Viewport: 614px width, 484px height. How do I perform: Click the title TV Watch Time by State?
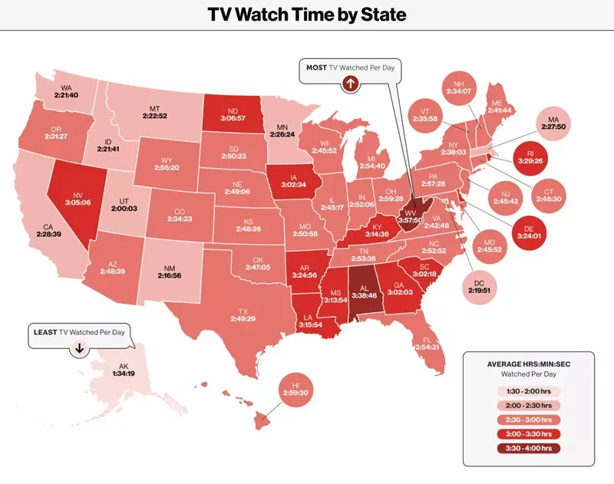click(307, 14)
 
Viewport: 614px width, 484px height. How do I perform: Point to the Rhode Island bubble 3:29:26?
click(530, 157)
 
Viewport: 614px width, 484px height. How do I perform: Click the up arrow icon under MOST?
click(350, 83)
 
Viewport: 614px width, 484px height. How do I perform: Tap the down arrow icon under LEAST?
click(78, 347)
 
